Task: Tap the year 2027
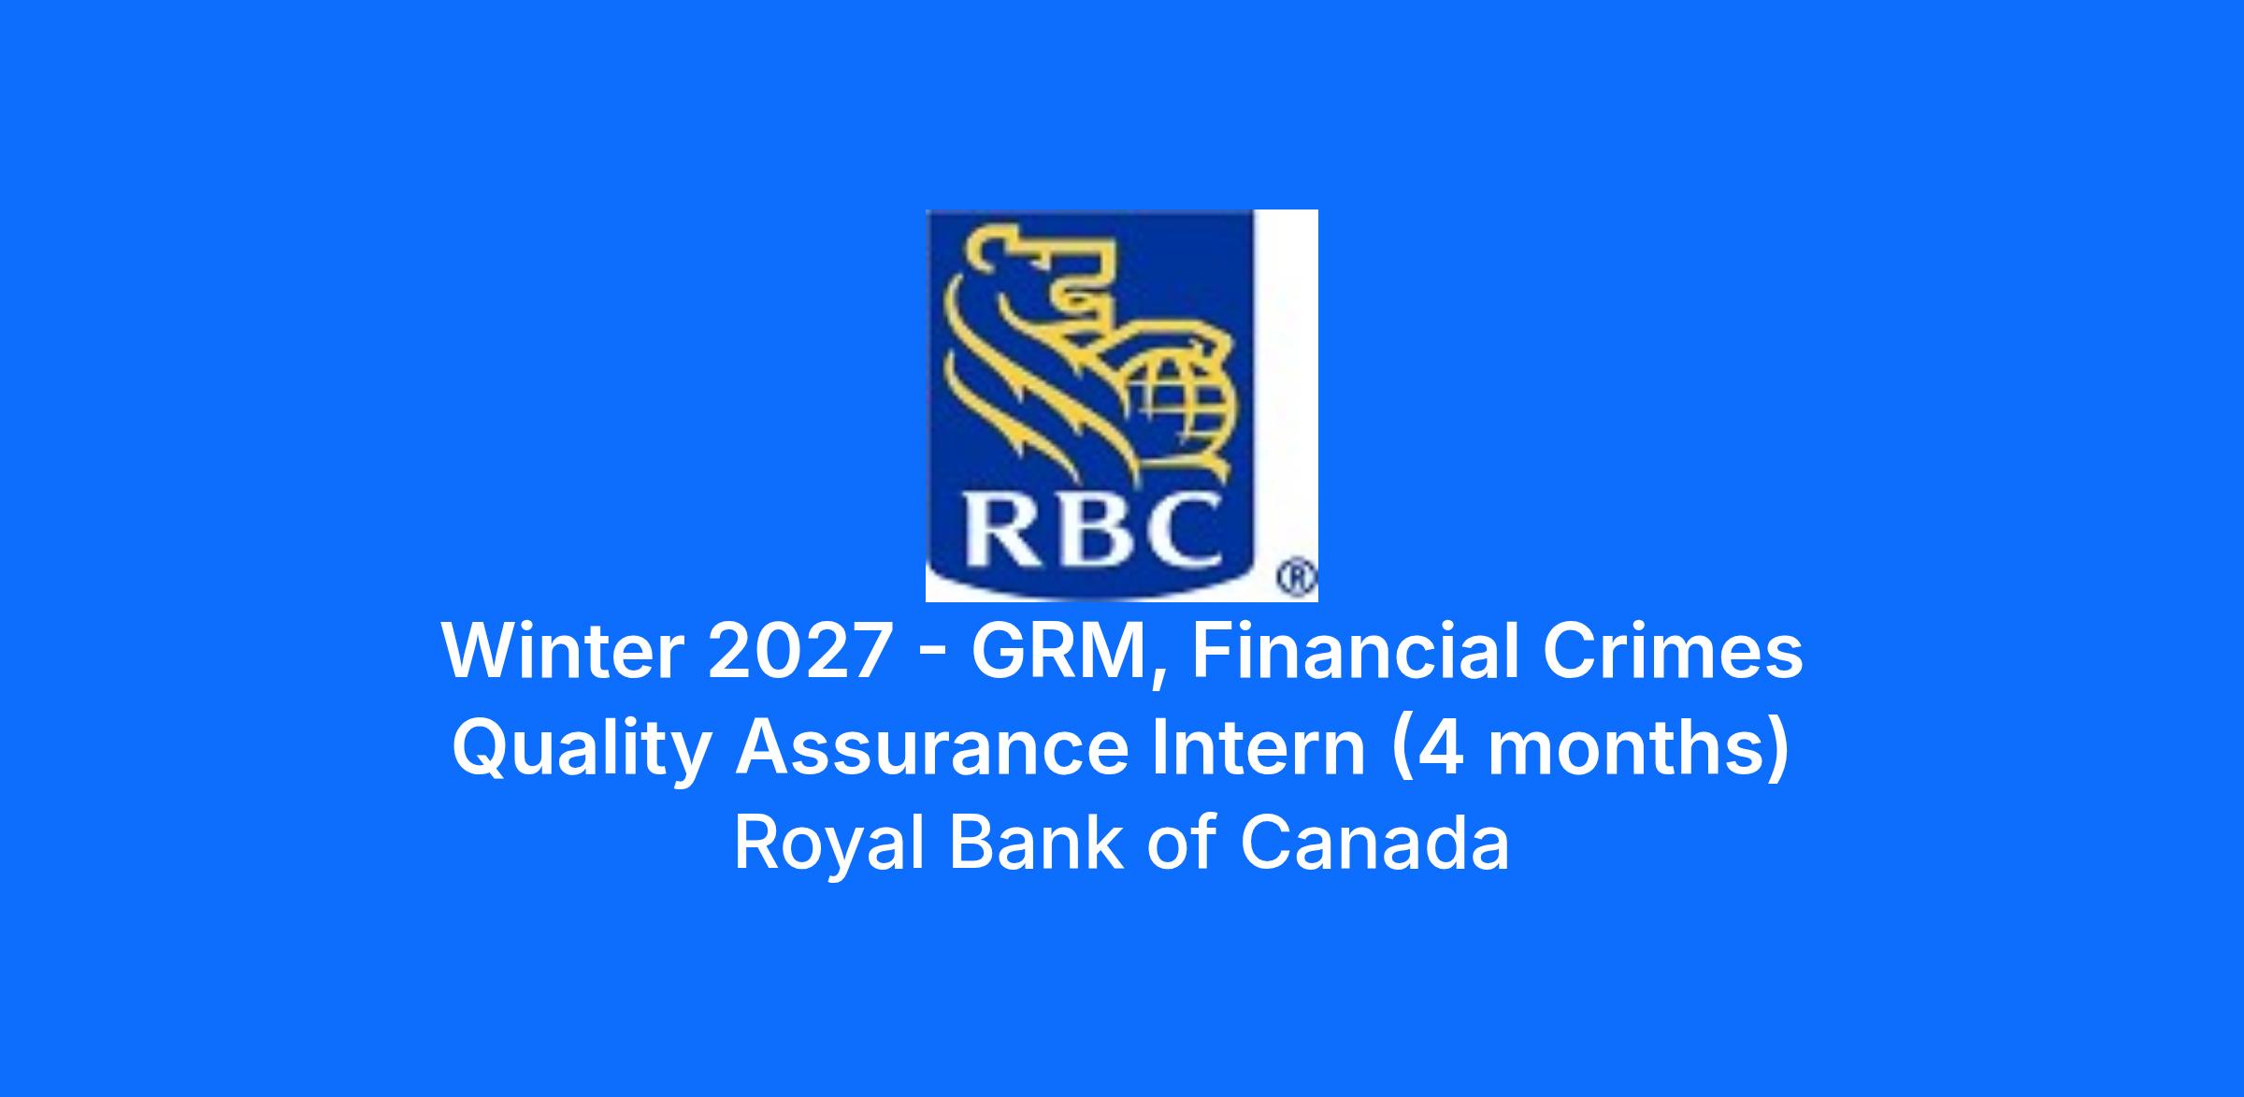click(x=798, y=651)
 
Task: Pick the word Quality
click(x=582, y=751)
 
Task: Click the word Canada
click(x=1374, y=843)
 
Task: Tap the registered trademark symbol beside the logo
click(x=1297, y=578)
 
